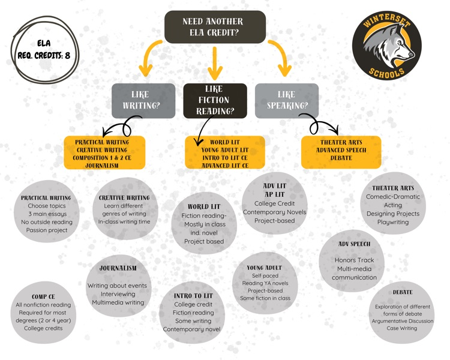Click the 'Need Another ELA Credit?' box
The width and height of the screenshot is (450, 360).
point(215,26)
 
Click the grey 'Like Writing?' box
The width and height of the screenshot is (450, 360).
point(143,100)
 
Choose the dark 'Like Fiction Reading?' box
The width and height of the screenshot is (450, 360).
point(215,100)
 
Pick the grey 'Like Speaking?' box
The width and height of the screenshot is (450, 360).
point(286,100)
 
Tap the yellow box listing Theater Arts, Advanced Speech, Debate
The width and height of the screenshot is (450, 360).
point(340,150)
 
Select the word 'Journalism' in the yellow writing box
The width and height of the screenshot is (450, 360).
point(105,164)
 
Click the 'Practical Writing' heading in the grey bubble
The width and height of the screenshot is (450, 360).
point(46,197)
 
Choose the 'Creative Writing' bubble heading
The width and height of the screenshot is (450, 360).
point(124,197)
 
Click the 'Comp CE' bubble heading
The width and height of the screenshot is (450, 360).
point(44,296)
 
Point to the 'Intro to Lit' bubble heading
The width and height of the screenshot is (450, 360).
point(193,296)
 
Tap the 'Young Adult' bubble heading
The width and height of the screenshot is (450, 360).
point(264,267)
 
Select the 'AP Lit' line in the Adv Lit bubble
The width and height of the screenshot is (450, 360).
point(275,194)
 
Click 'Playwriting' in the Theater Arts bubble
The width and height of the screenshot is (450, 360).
point(392,222)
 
